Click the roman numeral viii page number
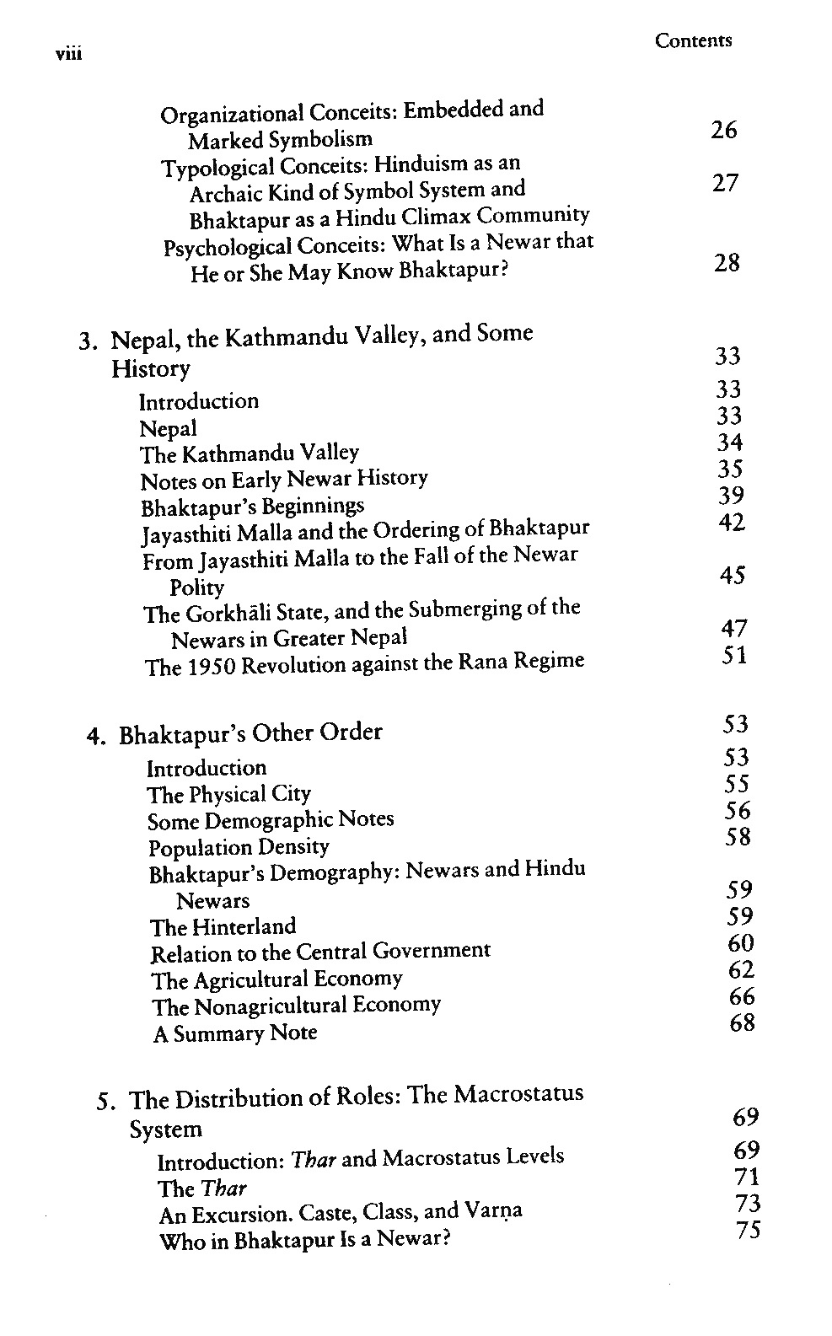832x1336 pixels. coord(67,54)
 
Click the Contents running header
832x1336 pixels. coord(693,40)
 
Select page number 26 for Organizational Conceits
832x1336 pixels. coord(723,130)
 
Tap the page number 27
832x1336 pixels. coord(724,183)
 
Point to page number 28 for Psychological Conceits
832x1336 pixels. coord(726,263)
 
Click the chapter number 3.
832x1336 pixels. coord(85,341)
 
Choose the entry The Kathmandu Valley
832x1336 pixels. coord(250,453)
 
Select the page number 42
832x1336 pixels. coord(731,523)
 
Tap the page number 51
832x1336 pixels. coord(733,655)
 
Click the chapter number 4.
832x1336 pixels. coord(94,736)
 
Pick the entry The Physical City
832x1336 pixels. coord(229,794)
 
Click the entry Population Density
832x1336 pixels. coord(239,847)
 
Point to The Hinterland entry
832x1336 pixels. coord(223,927)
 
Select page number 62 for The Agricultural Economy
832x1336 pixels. coord(741,970)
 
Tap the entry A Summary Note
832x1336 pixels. coord(235,1033)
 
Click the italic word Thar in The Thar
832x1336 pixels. coord(224,1188)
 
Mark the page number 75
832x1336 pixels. coord(747,1231)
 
